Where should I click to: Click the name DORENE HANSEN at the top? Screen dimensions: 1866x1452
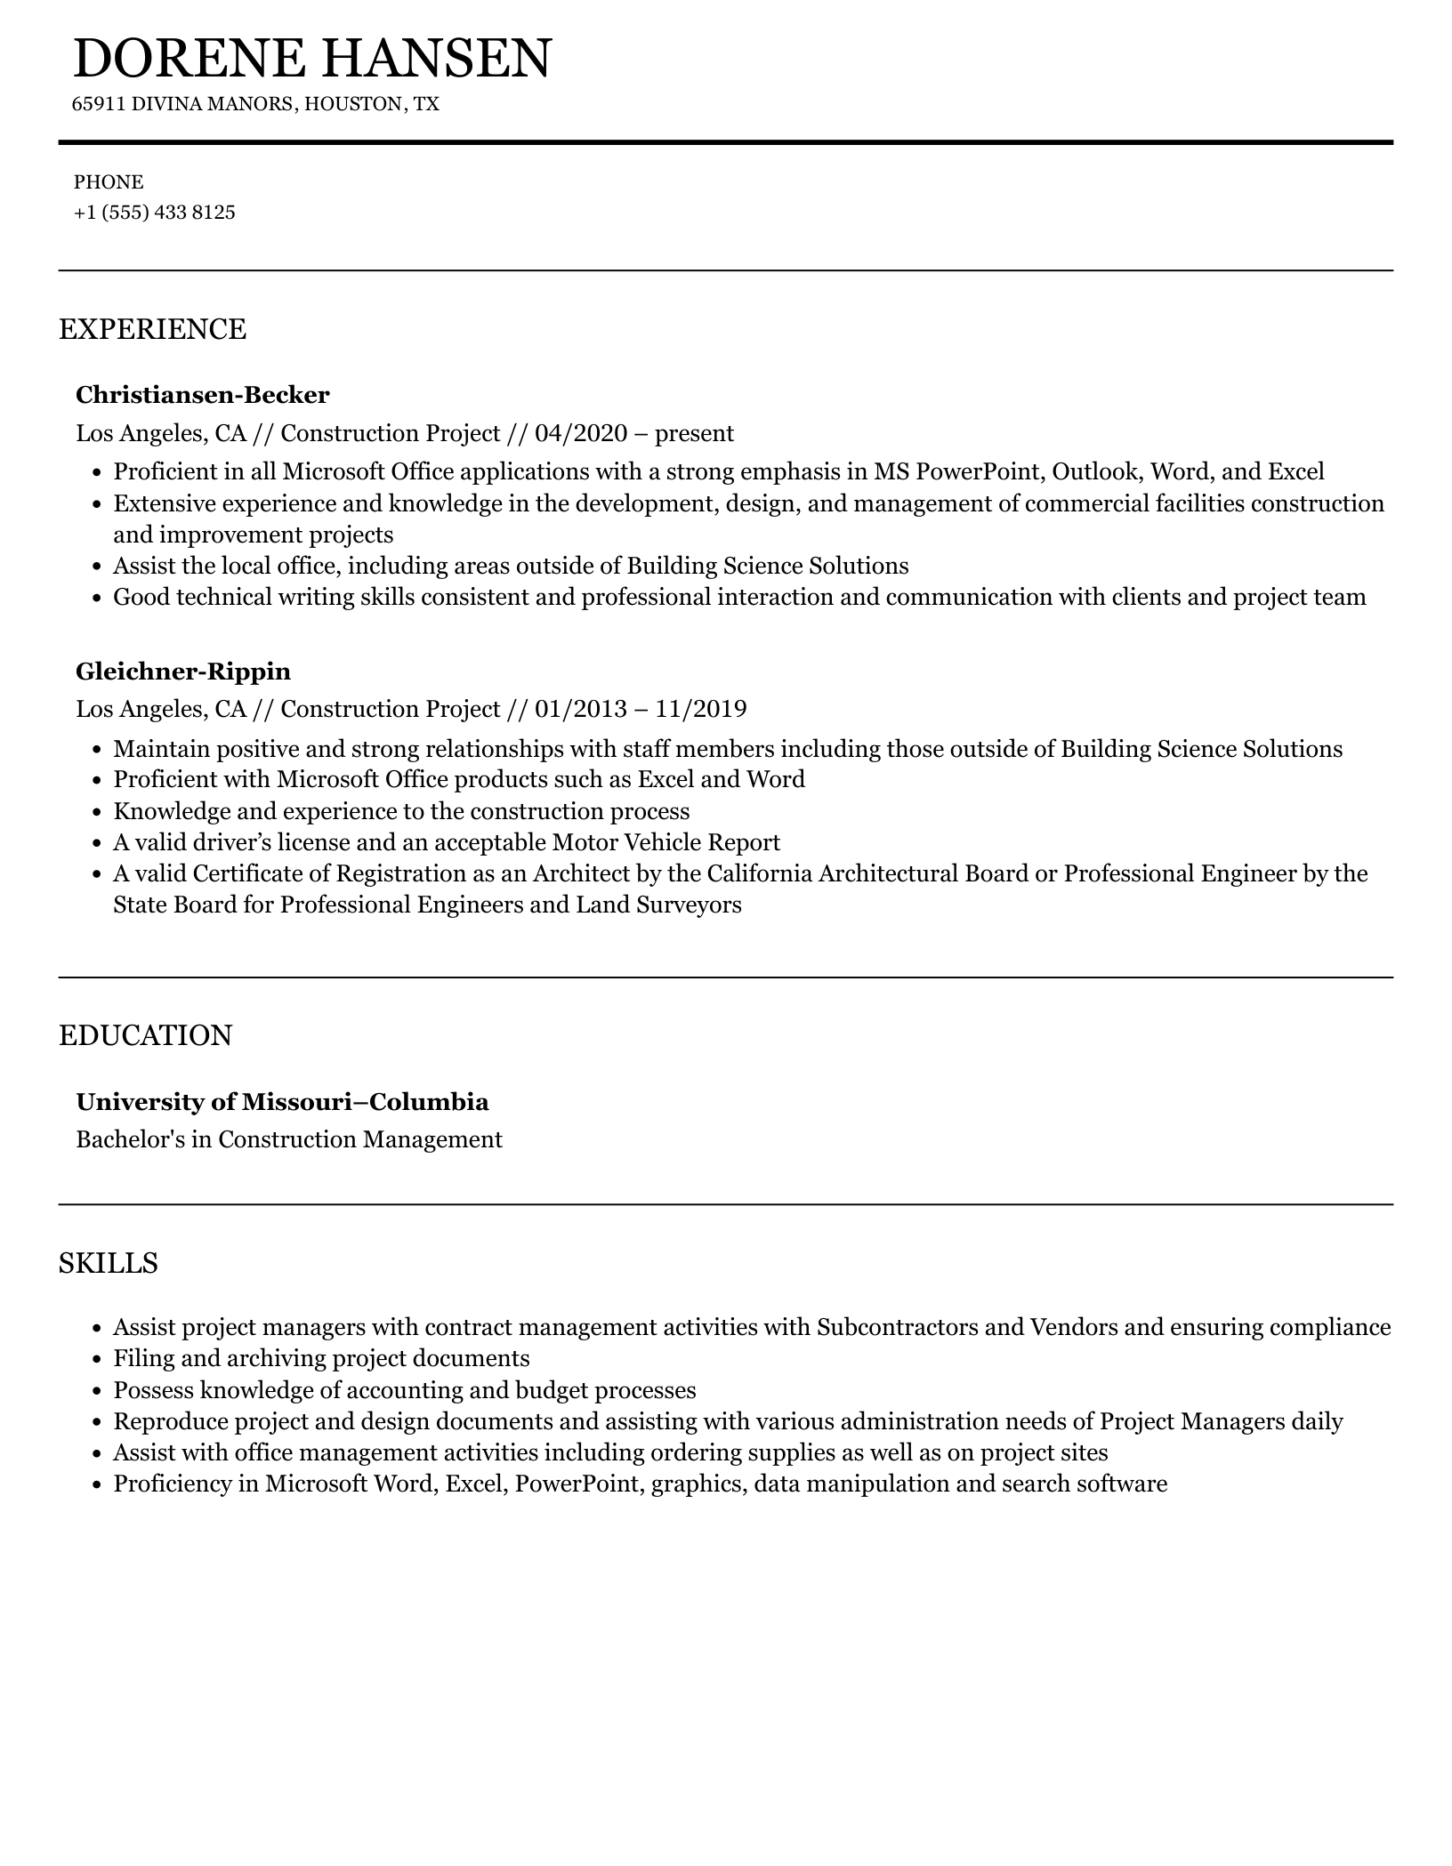312,59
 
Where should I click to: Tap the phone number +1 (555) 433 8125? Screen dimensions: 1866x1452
154,213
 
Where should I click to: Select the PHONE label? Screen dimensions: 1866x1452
109,182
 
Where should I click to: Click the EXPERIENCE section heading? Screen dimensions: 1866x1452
152,329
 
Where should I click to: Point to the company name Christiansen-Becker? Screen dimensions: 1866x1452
202,394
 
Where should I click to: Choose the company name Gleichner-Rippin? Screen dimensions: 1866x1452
183,671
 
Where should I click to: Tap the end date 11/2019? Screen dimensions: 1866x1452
701,710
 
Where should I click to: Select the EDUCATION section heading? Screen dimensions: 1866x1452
145,1036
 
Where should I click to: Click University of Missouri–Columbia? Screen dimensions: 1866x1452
282,1102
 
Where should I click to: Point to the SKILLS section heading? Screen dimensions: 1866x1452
108,1263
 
